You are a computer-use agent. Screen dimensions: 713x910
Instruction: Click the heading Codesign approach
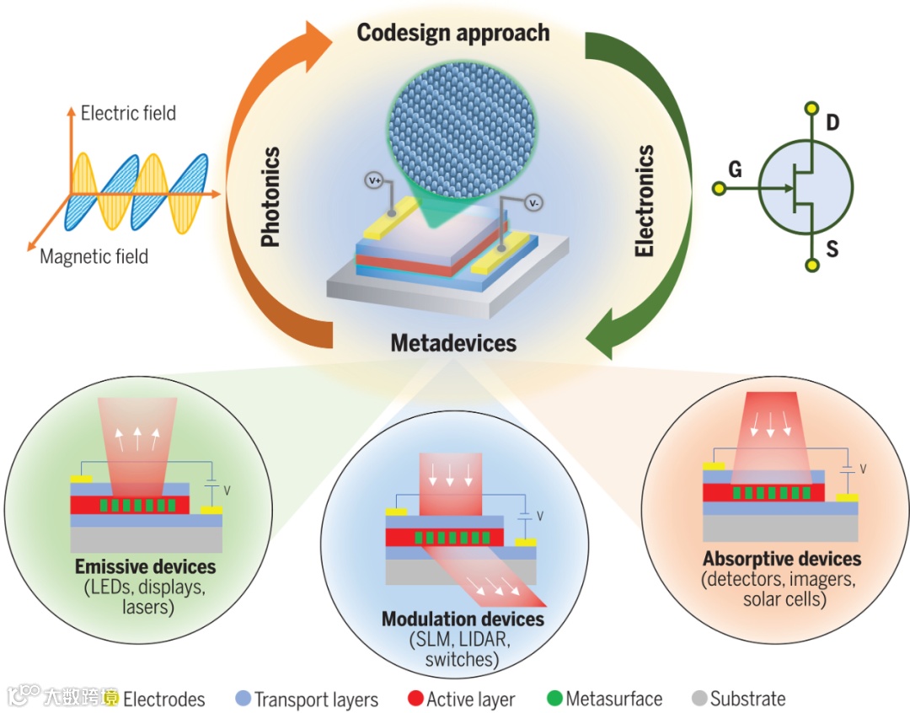(452, 33)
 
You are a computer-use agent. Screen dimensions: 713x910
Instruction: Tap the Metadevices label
(453, 343)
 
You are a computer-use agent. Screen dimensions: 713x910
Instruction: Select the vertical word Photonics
(270, 197)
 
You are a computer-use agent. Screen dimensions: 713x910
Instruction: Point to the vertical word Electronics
(645, 201)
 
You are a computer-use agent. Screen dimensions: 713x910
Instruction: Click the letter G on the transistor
(735, 170)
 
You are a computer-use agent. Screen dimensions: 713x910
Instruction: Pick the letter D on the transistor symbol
(832, 124)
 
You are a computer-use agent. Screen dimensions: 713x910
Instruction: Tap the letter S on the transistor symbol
(832, 250)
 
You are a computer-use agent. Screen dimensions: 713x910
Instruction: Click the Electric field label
(128, 113)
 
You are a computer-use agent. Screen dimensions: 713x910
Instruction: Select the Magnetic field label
(94, 256)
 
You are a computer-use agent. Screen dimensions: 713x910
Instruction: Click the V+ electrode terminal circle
(374, 180)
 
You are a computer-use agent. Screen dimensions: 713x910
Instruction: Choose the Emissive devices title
(145, 566)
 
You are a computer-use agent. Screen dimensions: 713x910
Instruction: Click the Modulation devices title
(463, 619)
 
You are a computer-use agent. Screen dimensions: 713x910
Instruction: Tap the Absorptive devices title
(782, 559)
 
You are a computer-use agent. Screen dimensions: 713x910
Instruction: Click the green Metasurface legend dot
(554, 699)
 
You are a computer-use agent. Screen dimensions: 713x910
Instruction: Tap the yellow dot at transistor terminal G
(718, 189)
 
